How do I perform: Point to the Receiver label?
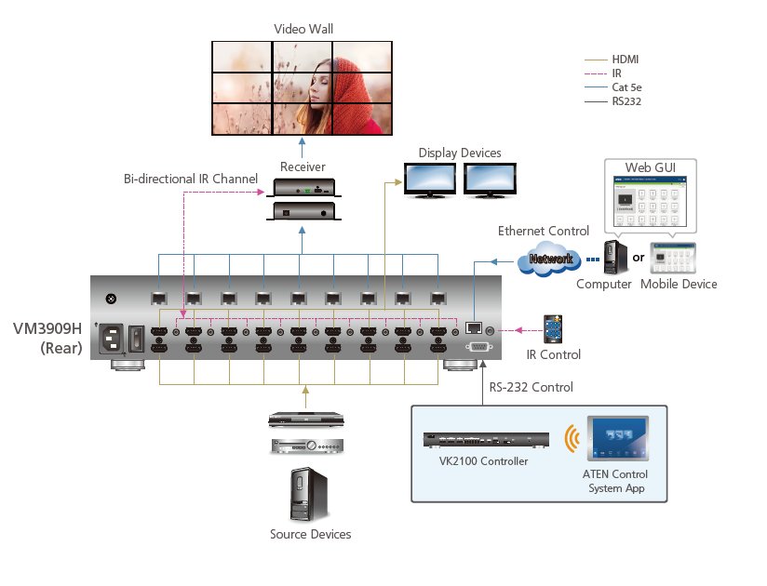pyautogui.click(x=303, y=166)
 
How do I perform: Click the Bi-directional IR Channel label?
pyautogui.click(x=191, y=178)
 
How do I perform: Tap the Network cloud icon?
pyautogui.click(x=551, y=260)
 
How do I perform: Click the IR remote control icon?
pyautogui.click(x=556, y=328)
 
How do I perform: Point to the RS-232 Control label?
pyautogui.click(x=532, y=387)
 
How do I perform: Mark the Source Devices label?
pyautogui.click(x=310, y=534)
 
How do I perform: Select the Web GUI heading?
pyautogui.click(x=649, y=166)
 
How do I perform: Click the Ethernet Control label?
pyautogui.click(x=544, y=231)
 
